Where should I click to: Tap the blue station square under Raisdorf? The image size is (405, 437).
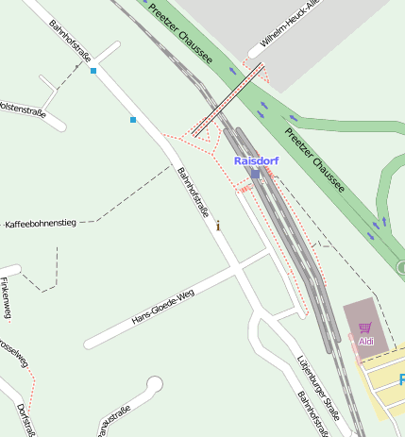point(255,174)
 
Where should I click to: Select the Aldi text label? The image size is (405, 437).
point(366,341)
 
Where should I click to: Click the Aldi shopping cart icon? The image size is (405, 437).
point(365,328)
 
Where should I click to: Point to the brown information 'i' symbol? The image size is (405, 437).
point(219,226)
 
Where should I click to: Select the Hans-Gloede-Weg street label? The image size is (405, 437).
point(163,307)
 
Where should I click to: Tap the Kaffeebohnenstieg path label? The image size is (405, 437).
point(40,224)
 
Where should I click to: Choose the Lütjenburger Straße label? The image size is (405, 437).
point(318,387)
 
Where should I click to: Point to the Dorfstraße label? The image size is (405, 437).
point(26,418)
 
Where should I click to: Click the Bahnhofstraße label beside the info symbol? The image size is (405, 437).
point(193,192)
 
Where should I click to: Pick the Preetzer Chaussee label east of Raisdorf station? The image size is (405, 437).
point(315,160)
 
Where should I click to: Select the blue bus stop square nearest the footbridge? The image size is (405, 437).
point(133,120)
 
